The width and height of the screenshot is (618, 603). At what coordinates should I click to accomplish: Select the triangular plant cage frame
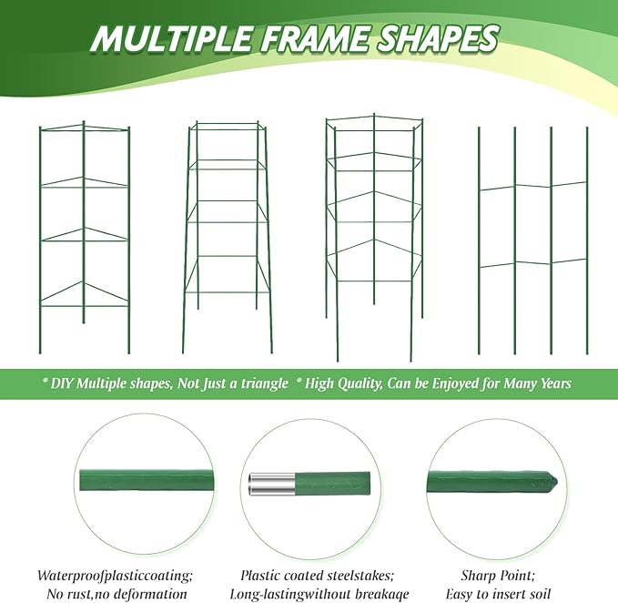[84, 237]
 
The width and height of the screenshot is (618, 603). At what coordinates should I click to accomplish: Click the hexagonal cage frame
[374, 219]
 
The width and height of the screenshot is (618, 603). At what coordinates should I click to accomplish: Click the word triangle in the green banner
[260, 383]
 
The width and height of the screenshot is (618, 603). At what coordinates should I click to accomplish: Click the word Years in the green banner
[550, 383]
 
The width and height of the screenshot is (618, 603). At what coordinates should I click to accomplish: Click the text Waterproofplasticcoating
[116, 576]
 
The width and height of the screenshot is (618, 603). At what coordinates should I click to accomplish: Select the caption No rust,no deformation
[116, 594]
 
